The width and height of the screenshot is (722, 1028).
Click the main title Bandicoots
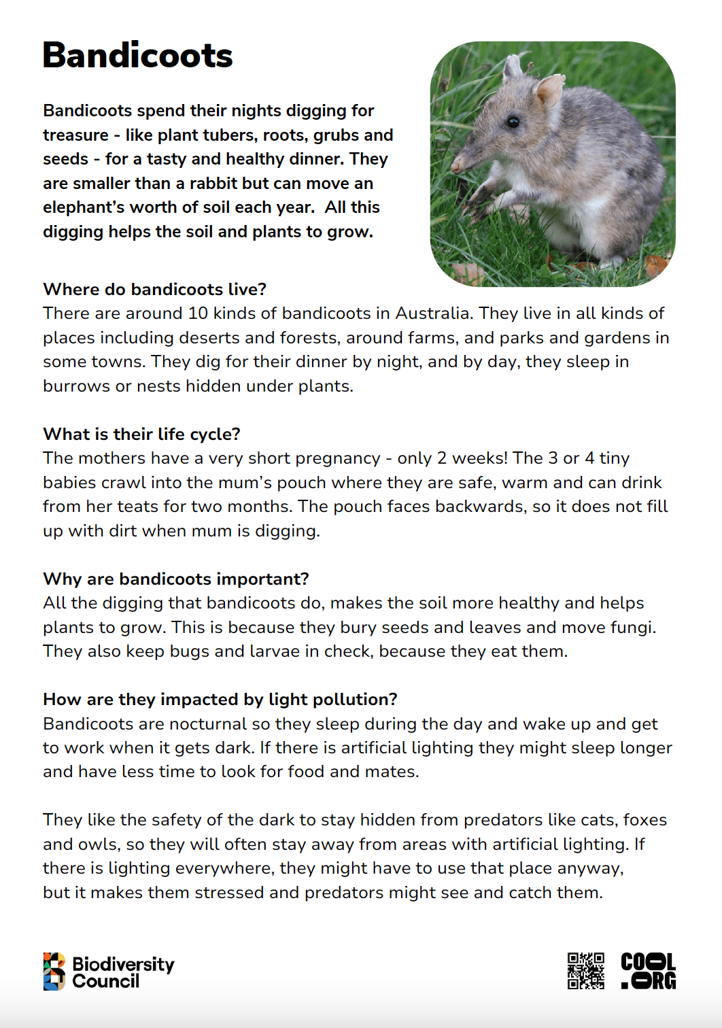(x=137, y=56)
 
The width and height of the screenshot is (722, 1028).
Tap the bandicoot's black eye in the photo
(x=513, y=122)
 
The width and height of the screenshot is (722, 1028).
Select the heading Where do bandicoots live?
(x=154, y=289)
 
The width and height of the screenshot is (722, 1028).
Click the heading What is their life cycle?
(x=141, y=434)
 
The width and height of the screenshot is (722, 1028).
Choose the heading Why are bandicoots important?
(x=175, y=579)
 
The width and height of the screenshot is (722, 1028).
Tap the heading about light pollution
(x=220, y=699)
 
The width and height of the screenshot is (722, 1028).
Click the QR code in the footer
(x=585, y=970)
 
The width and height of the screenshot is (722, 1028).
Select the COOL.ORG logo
(x=648, y=970)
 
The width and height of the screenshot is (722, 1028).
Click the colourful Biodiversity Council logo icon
(x=54, y=971)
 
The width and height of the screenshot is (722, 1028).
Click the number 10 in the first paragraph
(x=198, y=313)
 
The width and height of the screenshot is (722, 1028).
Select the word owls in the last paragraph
(x=97, y=844)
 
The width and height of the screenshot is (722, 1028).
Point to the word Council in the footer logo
(x=105, y=981)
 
